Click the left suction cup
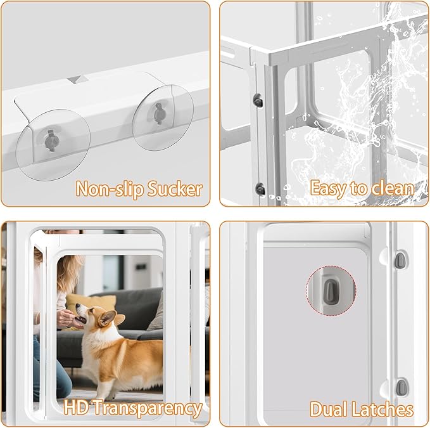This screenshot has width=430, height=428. point(53,146)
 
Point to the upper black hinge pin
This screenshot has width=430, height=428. point(258,99)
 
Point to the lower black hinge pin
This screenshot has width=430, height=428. point(259,188)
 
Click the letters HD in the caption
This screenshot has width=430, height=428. point(76,408)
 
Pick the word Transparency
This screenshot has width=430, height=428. point(147,408)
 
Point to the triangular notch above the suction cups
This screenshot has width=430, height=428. point(78,80)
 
